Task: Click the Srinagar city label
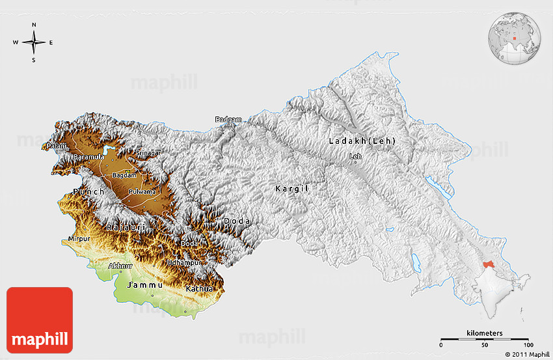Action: pos(148,152)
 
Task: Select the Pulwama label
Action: pos(142,191)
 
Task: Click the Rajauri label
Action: pos(123,227)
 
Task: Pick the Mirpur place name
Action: pos(79,240)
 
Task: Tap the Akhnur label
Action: pos(120,266)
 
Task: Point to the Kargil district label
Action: pos(291,188)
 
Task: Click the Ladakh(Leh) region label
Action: pos(362,141)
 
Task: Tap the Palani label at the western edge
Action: pos(57,146)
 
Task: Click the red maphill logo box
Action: pos(40,320)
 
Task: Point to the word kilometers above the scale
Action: pos(484,333)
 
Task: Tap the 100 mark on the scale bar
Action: pos(528,345)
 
